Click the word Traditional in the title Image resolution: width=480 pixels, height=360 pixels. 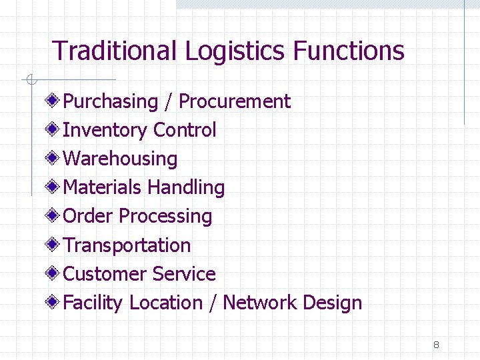click(115, 51)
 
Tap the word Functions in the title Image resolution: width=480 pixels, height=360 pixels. click(349, 51)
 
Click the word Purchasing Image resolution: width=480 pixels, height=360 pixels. click(110, 101)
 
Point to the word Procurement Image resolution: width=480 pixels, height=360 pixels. click(235, 101)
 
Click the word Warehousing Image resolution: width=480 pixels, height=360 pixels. click(120, 159)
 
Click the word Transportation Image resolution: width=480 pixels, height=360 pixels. click(127, 245)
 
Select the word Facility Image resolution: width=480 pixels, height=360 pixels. click(93, 303)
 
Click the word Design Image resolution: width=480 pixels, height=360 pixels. click(332, 303)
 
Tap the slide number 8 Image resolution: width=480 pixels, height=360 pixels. click(436, 345)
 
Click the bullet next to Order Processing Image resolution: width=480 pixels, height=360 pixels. click(53, 216)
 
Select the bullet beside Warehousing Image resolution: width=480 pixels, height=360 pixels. click(53, 159)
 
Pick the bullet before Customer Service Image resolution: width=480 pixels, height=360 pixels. click(53, 273)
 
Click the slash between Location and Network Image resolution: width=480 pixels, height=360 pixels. click(213, 303)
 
